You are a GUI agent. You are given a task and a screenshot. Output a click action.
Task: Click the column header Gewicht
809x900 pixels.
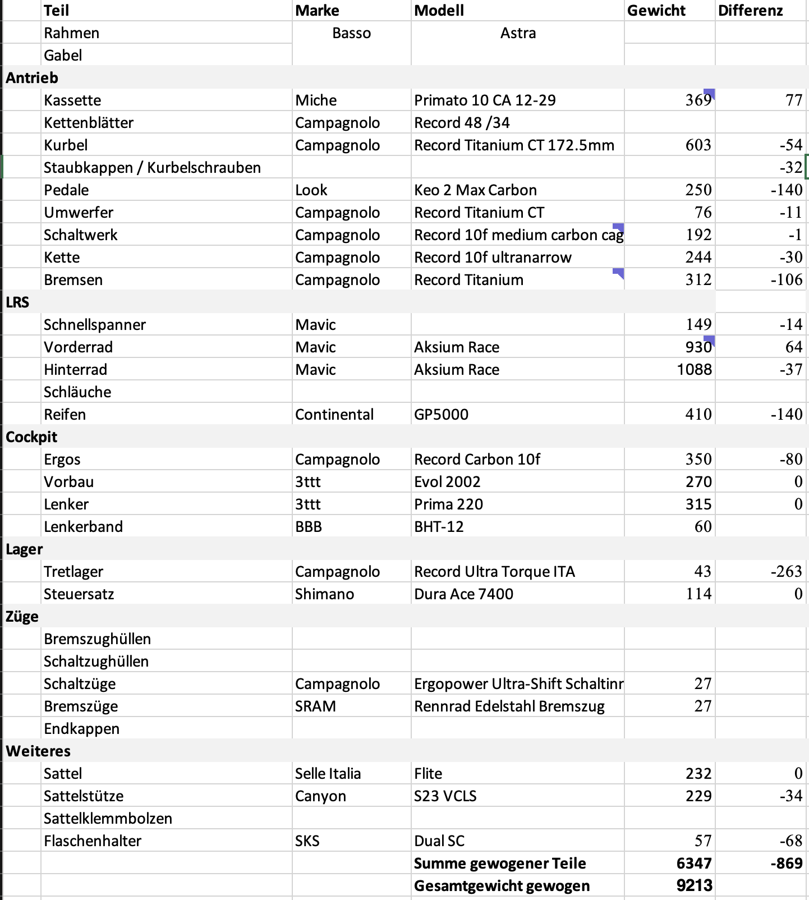[656, 11]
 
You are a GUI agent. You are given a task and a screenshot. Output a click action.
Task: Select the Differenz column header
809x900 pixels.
[750, 11]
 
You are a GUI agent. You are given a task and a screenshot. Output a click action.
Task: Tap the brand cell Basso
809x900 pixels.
[351, 33]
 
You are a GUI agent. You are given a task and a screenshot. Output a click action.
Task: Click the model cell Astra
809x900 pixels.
[517, 33]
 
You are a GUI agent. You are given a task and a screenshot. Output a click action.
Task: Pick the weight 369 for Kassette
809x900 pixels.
[698, 100]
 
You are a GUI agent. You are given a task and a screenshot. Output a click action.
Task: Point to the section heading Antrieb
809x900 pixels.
[32, 78]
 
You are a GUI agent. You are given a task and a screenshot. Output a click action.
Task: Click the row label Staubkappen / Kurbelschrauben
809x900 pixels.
[152, 168]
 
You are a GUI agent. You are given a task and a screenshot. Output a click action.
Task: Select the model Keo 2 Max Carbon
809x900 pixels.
[475, 190]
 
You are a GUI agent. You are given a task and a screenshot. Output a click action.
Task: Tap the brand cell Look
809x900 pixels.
[311, 190]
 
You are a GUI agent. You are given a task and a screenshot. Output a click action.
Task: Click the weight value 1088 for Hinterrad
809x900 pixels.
[694, 370]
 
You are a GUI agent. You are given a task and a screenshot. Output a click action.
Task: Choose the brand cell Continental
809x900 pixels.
[334, 415]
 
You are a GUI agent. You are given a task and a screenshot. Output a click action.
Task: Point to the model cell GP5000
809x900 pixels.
[441, 415]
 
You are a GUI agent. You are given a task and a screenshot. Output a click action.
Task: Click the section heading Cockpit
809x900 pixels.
[31, 437]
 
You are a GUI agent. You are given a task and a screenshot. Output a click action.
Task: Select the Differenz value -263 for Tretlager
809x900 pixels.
[786, 572]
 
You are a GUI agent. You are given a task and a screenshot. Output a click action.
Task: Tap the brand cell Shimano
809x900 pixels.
[324, 594]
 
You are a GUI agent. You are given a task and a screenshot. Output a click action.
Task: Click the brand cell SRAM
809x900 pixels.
[315, 706]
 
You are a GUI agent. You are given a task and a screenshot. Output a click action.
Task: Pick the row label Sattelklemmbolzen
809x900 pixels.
[108, 819]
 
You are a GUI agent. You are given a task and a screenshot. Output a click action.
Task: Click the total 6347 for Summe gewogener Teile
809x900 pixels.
[693, 864]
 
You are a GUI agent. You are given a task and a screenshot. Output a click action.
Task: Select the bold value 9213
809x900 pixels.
[694, 886]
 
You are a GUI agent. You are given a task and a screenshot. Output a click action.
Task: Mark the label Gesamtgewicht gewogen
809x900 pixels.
[502, 886]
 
